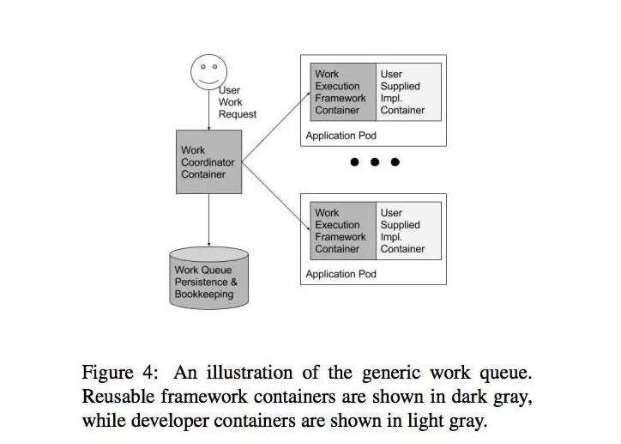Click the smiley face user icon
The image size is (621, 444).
tap(208, 70)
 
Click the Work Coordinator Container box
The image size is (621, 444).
tap(208, 162)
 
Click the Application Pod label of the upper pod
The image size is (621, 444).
tap(341, 136)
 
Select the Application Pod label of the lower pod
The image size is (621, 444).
tap(341, 274)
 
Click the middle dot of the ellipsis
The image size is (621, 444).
tap(374, 162)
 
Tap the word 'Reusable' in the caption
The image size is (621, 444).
tap(118, 398)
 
